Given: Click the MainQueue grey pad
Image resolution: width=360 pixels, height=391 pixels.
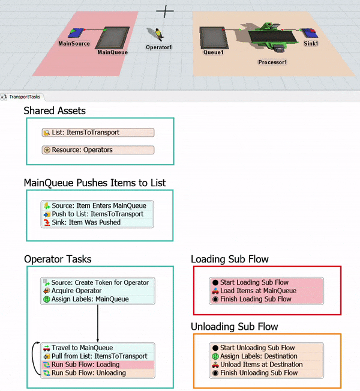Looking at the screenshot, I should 112,38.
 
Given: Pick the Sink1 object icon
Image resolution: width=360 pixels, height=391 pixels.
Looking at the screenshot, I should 310,33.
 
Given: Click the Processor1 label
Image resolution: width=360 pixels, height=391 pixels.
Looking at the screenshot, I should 273,62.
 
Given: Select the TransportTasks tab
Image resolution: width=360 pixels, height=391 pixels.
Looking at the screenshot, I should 26,96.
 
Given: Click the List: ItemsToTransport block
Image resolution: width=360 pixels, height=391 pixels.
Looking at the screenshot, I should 98,133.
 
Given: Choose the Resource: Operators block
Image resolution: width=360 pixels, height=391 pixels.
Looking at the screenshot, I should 98,150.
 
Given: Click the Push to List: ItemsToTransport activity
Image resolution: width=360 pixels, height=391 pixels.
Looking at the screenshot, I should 98,214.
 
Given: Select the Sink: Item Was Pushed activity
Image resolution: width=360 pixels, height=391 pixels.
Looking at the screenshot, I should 98,222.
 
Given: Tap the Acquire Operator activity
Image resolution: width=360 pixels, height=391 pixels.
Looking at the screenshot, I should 98,291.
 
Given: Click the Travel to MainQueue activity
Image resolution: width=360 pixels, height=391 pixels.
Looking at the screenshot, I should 98,348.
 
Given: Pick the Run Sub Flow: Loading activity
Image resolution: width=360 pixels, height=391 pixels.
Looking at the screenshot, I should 98,365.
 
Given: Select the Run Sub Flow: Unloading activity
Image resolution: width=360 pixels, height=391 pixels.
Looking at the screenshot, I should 98,373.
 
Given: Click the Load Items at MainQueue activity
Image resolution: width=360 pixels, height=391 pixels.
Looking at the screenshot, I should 268,291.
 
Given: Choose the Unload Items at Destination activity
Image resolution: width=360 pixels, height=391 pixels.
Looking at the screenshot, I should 268,365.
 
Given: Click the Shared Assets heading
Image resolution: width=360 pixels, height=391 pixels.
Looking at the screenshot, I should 55,111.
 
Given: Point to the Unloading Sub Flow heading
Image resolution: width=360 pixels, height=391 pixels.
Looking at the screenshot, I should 233,327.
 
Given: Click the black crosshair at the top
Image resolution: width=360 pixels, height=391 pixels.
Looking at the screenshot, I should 165,11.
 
